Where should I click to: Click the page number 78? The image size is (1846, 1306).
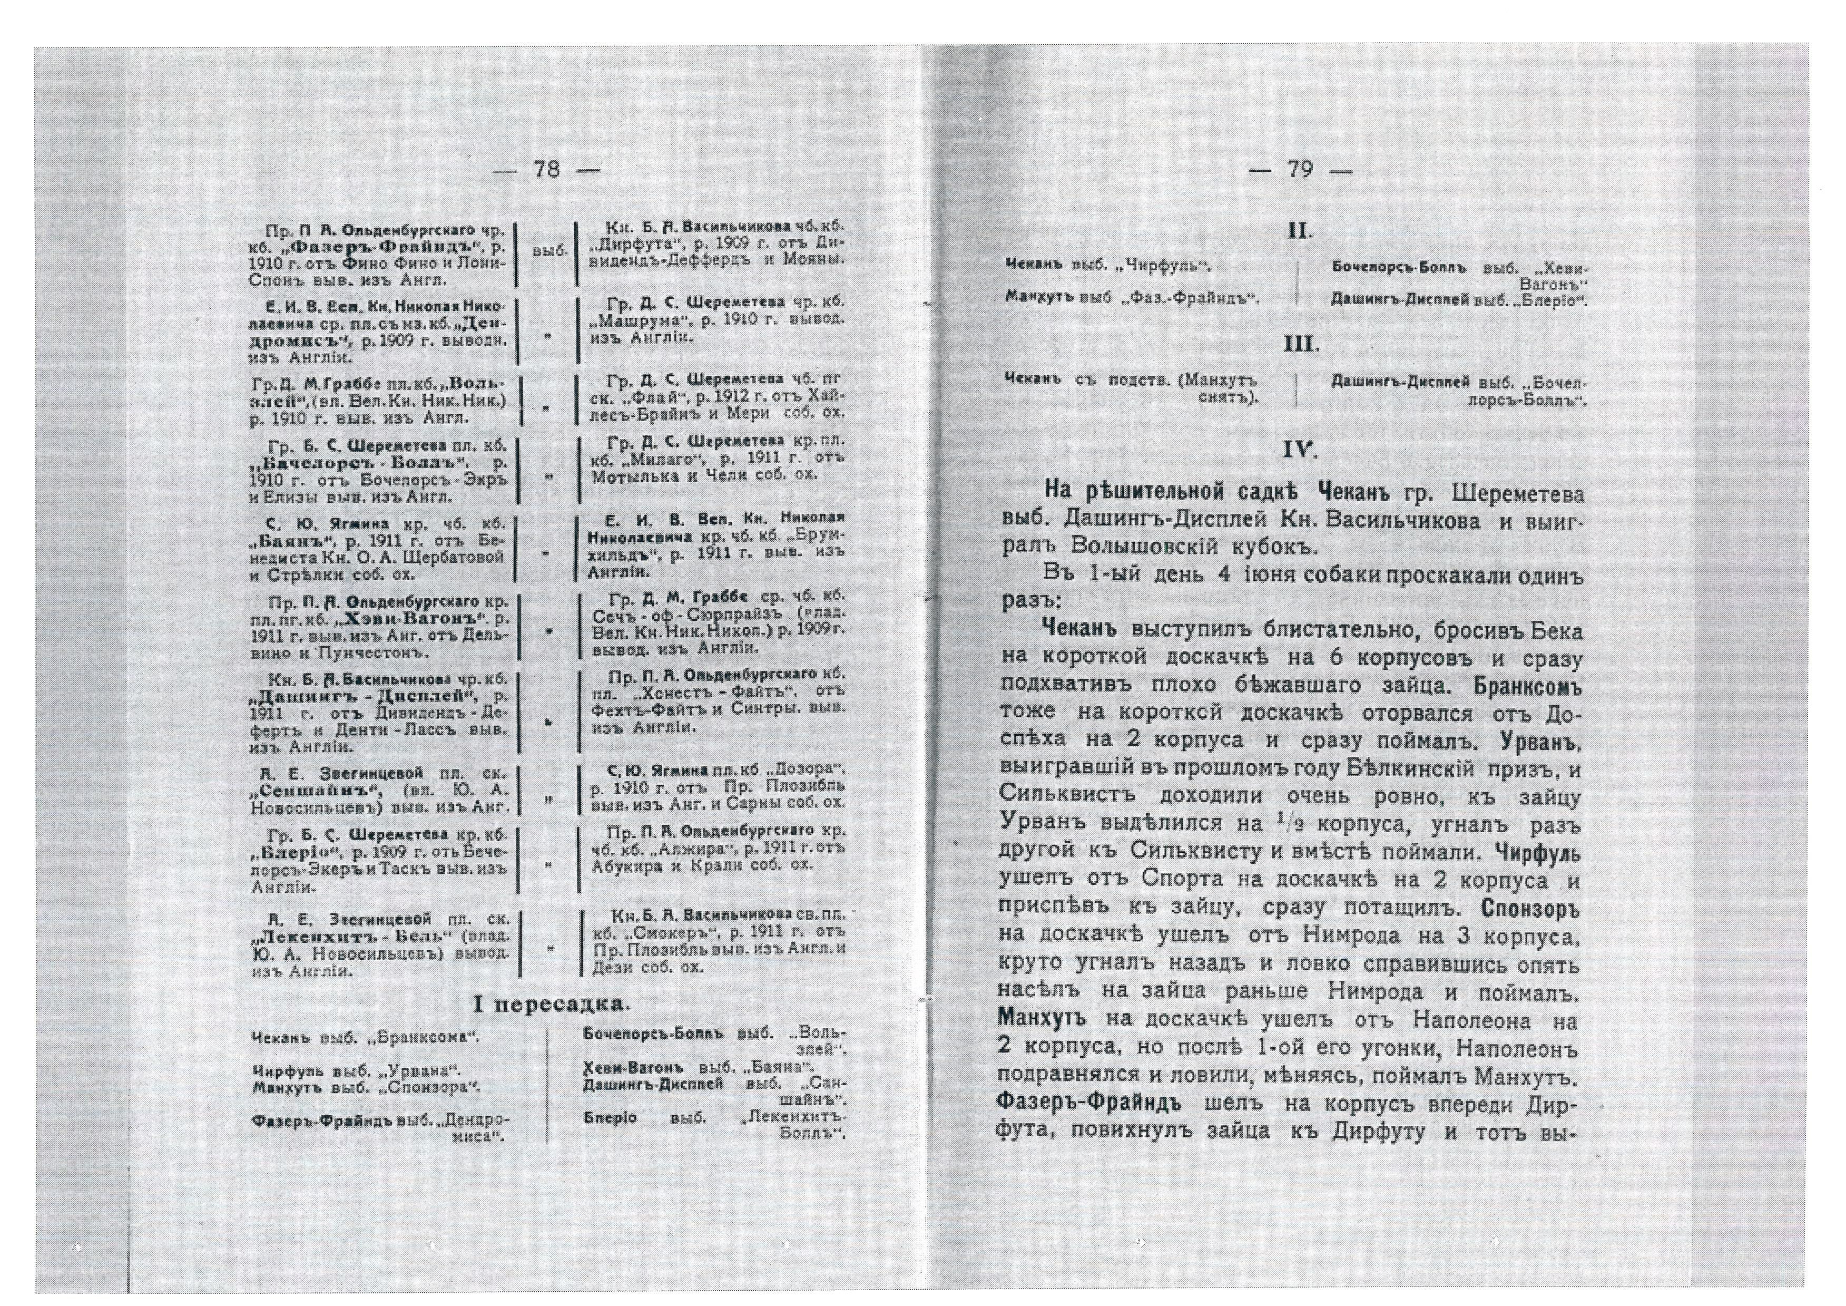pyautogui.click(x=546, y=170)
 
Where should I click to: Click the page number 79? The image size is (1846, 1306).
pyautogui.click(x=1300, y=170)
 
